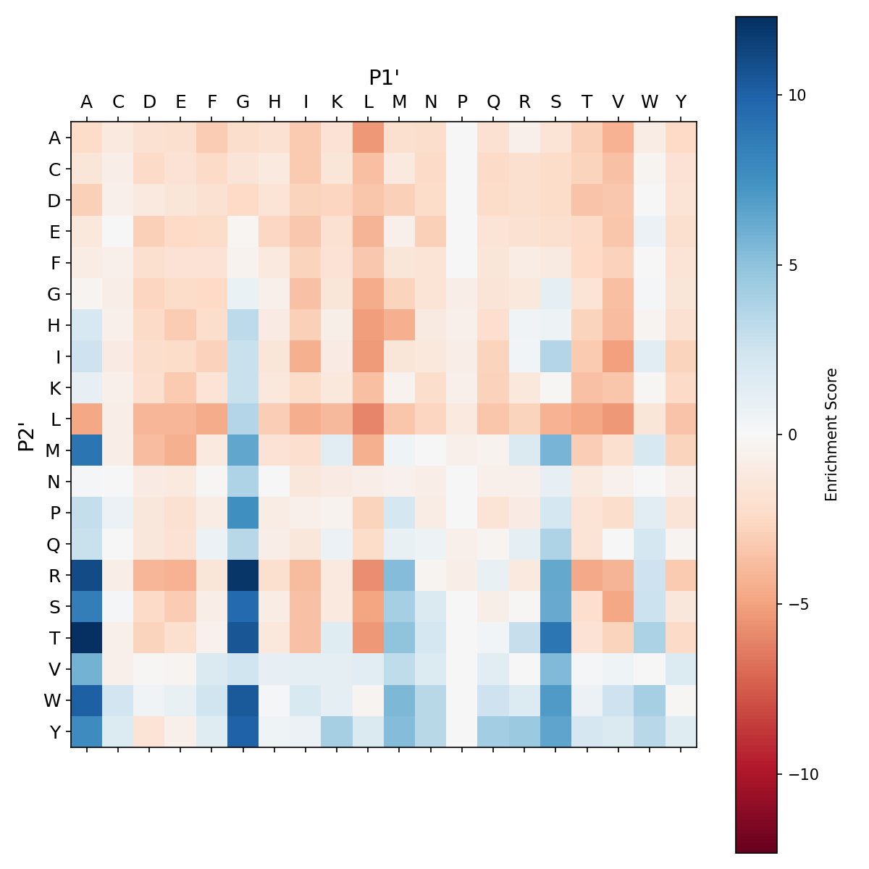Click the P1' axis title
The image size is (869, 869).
(385, 77)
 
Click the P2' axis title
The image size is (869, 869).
(26, 434)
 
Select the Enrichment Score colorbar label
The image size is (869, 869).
(831, 434)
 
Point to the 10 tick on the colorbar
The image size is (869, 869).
(780, 95)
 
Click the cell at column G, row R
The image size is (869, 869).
(243, 575)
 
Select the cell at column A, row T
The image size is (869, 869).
(87, 637)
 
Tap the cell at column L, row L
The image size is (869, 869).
(369, 419)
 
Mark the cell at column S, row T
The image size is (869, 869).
(556, 637)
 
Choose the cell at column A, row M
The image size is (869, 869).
(87, 450)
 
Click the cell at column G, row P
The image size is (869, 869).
(243, 513)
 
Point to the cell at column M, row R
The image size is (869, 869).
(400, 575)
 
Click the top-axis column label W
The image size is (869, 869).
(650, 102)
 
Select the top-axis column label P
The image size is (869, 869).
(462, 102)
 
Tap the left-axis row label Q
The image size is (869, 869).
(54, 544)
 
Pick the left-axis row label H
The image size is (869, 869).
(54, 325)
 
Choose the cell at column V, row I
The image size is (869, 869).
(618, 356)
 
